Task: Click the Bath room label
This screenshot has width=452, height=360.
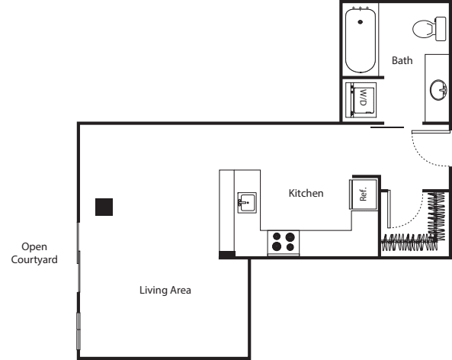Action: point(402,60)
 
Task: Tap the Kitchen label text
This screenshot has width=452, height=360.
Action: point(306,194)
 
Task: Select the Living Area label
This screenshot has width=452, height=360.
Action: point(165,290)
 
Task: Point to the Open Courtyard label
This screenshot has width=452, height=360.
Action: point(34,252)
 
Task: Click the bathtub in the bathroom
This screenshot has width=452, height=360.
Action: point(360,39)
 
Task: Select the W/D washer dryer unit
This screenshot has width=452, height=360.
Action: point(361,98)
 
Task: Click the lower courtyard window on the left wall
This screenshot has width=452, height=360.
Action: point(78,329)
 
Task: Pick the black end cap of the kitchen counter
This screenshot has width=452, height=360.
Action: point(227,255)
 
